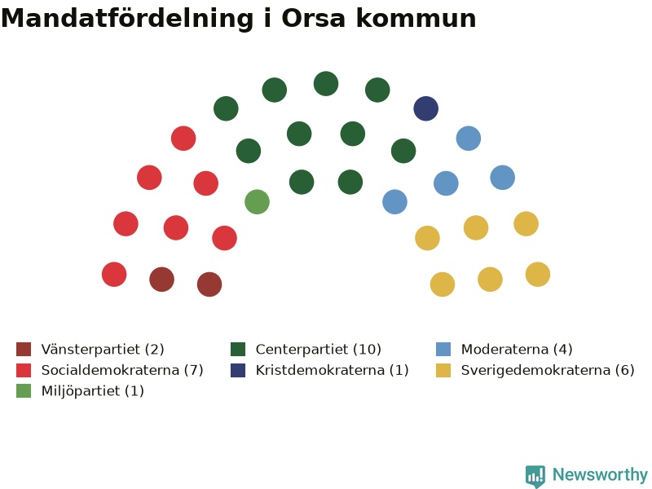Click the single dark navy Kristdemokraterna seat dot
click(425, 108)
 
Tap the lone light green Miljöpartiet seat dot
click(257, 201)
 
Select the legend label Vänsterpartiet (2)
click(103, 350)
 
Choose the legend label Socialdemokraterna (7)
click(122, 370)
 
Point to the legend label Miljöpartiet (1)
click(93, 391)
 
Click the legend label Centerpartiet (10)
click(319, 350)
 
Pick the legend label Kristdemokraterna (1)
click(333, 370)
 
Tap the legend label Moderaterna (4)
click(517, 350)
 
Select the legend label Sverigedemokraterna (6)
click(548, 370)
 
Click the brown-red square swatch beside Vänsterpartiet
click(24, 350)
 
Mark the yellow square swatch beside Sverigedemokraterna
click(443, 370)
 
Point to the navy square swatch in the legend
click(238, 370)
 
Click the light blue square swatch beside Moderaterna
click(443, 350)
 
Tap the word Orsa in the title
click(314, 18)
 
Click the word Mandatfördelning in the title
click(127, 19)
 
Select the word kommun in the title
click(416, 18)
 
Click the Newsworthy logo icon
click(535, 475)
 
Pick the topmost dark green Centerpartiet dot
click(326, 84)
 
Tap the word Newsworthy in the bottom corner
click(600, 474)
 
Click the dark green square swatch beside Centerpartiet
click(238, 350)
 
